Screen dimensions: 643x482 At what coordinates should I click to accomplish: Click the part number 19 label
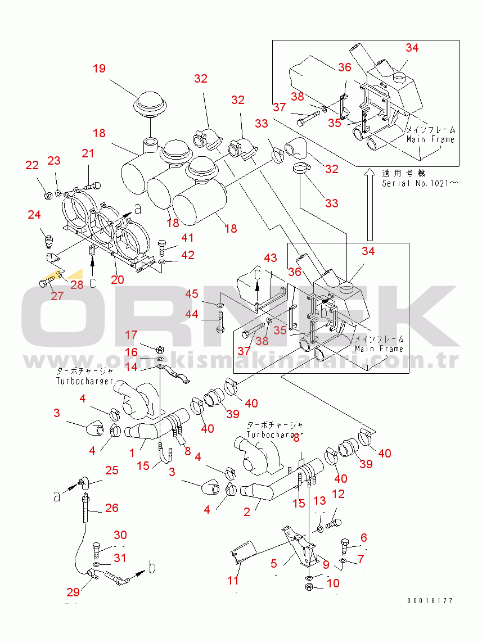99,69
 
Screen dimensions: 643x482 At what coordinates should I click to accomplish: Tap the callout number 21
88,153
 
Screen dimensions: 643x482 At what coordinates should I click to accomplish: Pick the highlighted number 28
76,284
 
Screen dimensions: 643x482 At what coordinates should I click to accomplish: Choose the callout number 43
271,258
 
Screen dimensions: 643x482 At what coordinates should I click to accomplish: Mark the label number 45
192,294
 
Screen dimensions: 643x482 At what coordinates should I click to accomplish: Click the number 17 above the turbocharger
130,336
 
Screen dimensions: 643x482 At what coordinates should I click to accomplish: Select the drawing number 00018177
430,601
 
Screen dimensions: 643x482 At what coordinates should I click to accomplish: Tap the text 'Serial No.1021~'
418,183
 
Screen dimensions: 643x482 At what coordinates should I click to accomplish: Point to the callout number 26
112,508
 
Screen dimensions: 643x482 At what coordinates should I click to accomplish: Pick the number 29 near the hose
73,592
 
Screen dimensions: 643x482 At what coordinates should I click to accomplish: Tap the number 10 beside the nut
333,583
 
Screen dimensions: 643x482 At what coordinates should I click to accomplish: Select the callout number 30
120,535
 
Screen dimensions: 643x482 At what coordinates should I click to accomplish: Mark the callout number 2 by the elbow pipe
247,511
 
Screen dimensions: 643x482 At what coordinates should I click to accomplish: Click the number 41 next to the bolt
187,238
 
